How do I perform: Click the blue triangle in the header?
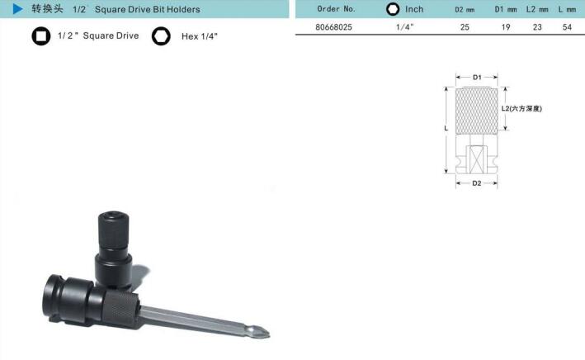(17, 8)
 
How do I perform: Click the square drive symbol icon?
(41, 36)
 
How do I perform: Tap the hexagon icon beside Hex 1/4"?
(161, 36)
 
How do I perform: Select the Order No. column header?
(336, 8)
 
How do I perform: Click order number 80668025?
(333, 27)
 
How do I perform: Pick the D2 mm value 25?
(465, 27)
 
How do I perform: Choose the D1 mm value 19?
(506, 27)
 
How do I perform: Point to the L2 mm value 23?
(537, 27)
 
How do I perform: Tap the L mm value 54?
(567, 27)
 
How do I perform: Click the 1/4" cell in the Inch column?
(405, 27)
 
